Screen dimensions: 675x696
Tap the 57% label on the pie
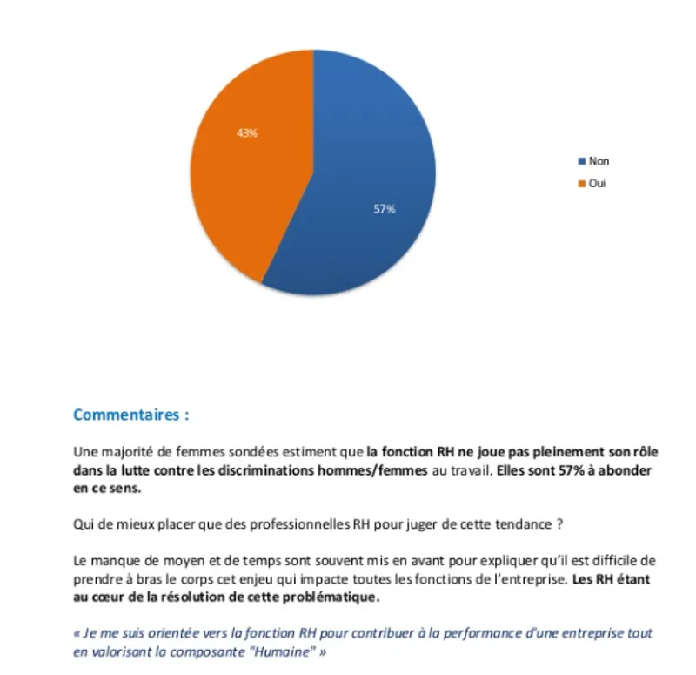385,209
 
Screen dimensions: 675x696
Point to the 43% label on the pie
247,133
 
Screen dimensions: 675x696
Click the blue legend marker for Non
582,161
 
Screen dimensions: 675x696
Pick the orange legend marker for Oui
582,184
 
